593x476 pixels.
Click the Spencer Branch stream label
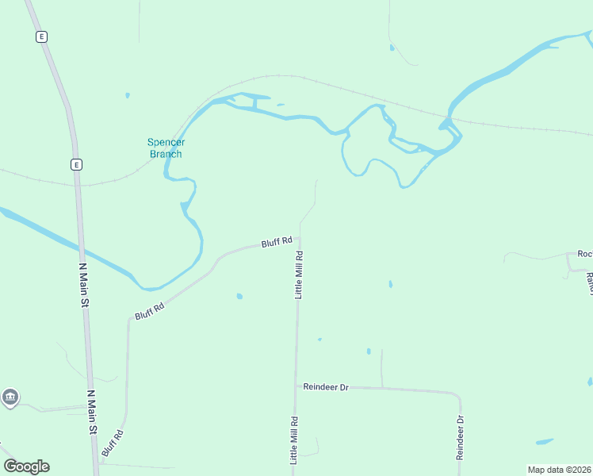166,148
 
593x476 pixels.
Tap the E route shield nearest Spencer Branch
75,164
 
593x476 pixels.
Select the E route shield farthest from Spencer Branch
41,36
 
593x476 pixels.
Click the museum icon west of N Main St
10,397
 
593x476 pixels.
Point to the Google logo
26,466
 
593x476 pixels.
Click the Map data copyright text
559,470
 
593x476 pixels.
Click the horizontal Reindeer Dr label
326,386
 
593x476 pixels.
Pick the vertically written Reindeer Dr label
459,437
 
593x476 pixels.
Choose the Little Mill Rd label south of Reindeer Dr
293,440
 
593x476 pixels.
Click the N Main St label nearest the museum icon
91,412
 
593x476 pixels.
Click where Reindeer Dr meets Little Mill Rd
296,386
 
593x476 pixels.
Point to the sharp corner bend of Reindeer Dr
457,394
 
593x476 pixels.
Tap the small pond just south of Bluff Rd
239,297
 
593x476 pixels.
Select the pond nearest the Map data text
544,441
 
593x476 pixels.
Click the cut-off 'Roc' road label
584,254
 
